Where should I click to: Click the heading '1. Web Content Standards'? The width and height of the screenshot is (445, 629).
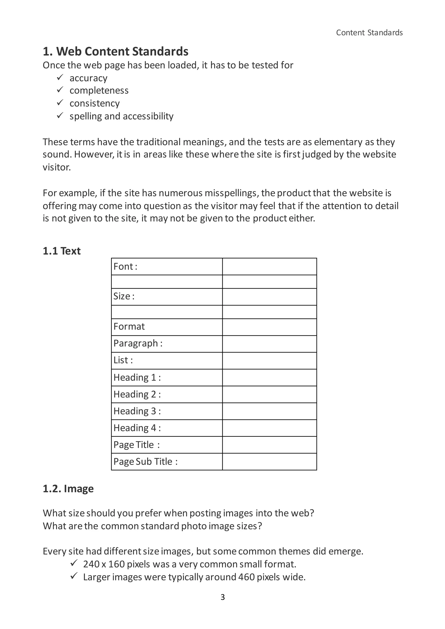115,51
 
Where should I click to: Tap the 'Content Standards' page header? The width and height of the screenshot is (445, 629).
369,33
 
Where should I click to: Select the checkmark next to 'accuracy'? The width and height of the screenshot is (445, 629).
60,78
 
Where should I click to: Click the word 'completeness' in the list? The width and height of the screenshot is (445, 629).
99,90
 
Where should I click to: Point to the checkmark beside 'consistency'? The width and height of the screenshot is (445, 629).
60,103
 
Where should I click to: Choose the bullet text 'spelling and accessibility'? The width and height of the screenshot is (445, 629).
121,116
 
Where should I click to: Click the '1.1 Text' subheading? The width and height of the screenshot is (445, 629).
62,251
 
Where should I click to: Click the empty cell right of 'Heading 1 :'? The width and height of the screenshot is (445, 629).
269,377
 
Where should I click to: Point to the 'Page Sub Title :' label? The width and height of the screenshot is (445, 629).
146,462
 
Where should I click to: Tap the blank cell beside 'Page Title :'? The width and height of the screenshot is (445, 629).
269,445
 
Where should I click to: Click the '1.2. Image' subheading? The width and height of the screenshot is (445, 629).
68,489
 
